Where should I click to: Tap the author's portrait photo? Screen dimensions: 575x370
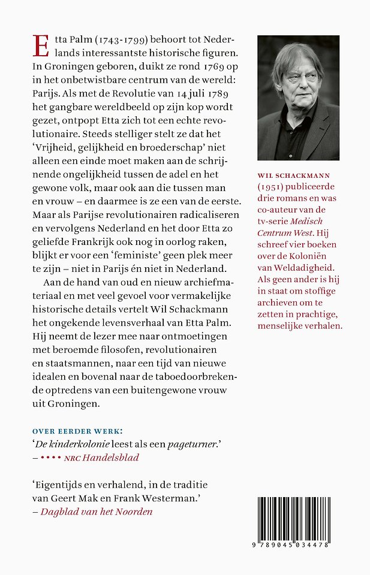[x=298, y=98]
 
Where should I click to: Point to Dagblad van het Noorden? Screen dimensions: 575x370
[x=97, y=512]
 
